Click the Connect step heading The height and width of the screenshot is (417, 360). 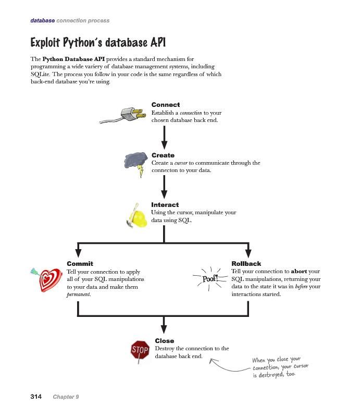click(166, 105)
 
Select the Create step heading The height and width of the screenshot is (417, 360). click(163, 155)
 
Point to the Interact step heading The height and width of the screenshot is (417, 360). click(165, 205)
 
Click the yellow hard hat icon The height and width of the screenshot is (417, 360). click(137, 216)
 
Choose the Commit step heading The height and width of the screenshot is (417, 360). click(80, 264)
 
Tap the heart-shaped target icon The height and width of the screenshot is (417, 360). click(47, 279)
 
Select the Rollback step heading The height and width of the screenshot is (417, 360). click(246, 264)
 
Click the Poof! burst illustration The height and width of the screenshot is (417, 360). click(210, 279)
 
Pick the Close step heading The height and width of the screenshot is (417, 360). click(165, 341)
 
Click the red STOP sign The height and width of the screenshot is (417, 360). click(140, 350)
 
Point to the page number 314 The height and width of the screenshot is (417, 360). click(36, 397)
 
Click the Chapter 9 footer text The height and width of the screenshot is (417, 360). click(66, 397)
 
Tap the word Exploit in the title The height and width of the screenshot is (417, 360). click(45, 43)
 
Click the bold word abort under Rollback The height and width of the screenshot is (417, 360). click(299, 271)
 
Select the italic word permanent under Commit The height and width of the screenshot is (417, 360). click(79, 295)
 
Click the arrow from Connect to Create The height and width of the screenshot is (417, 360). click(164, 138)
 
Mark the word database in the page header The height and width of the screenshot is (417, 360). click(43, 20)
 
